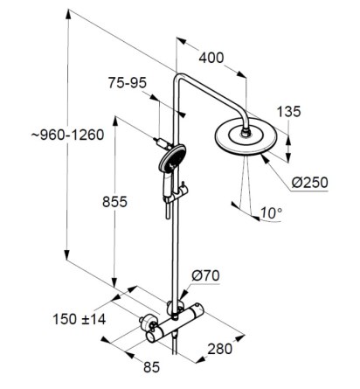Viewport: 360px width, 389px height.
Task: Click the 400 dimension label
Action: click(211, 58)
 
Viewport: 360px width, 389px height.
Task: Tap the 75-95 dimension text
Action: click(128, 83)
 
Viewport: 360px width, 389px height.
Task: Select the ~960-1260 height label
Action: click(67, 135)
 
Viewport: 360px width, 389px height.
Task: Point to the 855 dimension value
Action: click(114, 202)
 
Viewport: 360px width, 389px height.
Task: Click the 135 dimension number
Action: click(288, 112)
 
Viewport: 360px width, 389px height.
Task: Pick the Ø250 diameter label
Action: click(309, 183)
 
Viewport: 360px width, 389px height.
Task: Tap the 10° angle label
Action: click(271, 213)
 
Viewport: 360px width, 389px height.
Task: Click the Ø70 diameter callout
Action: click(205, 275)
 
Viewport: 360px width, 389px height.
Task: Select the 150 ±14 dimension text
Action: click(80, 319)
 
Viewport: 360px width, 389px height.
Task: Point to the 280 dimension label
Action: click(220, 349)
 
